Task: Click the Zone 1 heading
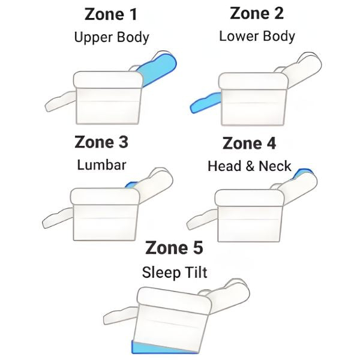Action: click(111, 14)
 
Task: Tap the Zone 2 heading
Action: click(257, 13)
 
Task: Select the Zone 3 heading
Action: click(101, 142)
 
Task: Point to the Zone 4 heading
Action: click(249, 143)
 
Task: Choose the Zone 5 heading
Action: click(174, 248)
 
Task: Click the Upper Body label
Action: click(112, 37)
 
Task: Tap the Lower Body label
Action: click(257, 36)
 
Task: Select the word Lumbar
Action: click(101, 165)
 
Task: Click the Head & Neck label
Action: click(250, 166)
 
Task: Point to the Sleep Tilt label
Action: click(175, 272)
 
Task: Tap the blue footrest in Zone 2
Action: click(205, 103)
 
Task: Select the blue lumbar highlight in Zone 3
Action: click(131, 185)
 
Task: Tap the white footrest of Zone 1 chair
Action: click(61, 101)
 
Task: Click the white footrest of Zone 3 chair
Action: click(58, 218)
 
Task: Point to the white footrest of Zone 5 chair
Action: click(121, 316)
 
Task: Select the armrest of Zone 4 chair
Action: click(250, 197)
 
